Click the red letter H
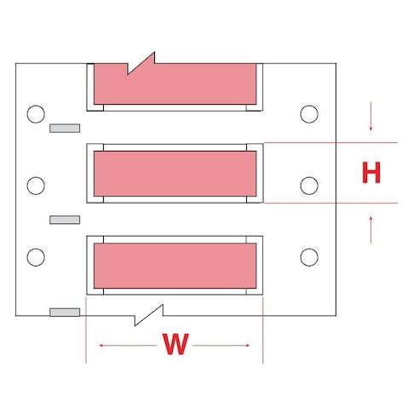(371, 172)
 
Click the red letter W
(175, 344)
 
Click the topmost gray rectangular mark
(65, 129)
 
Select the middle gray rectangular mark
(65, 220)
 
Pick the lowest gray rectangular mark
(65, 313)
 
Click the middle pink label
(175, 174)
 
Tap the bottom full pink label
(175, 266)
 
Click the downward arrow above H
(370, 117)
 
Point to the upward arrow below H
(370, 230)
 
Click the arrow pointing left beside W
(128, 346)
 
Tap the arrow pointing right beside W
(221, 346)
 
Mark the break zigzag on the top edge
(141, 64)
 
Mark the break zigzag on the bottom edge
(149, 315)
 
